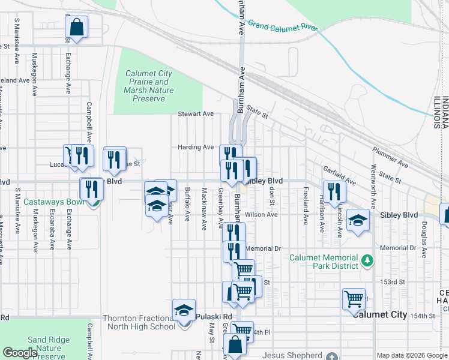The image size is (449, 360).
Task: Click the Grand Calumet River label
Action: tap(282, 27)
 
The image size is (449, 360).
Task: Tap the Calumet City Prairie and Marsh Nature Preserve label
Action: tap(149, 86)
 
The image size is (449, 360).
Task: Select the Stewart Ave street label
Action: tap(196, 113)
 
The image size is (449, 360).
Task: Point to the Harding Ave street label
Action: tap(196, 147)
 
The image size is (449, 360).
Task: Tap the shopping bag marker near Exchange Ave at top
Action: tap(77, 27)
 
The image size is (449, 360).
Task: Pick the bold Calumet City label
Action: tap(380, 314)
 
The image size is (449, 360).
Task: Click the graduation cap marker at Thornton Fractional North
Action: tap(184, 310)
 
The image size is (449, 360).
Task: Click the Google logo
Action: tap(20, 353)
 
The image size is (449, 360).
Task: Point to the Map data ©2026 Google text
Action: tap(411, 355)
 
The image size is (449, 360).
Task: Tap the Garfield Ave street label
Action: tap(340, 175)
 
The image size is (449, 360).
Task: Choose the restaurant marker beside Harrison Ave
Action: tap(334, 191)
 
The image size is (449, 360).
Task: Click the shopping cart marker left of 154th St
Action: tap(354, 298)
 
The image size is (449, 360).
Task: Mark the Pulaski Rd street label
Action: tap(219, 316)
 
